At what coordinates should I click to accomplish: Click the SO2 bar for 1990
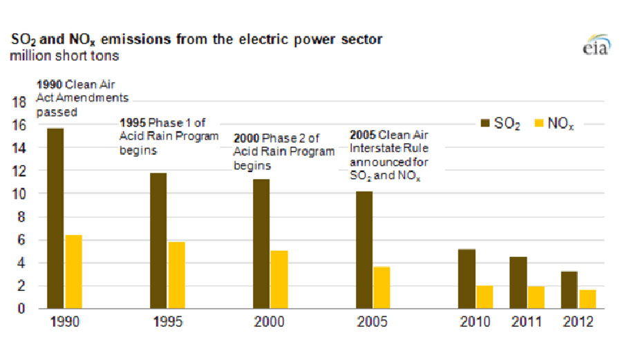[x=55, y=218]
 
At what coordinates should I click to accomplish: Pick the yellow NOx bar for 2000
[x=279, y=279]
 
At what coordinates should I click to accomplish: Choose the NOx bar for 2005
[x=382, y=287]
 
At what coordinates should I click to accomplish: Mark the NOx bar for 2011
[x=536, y=297]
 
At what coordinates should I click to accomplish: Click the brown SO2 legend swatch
[x=486, y=123]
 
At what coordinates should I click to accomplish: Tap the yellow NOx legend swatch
[x=537, y=123]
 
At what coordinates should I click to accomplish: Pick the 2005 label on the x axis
[x=373, y=322]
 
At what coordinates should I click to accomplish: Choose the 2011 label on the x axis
[x=527, y=322]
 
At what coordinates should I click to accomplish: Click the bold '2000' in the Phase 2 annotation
[x=247, y=139]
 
